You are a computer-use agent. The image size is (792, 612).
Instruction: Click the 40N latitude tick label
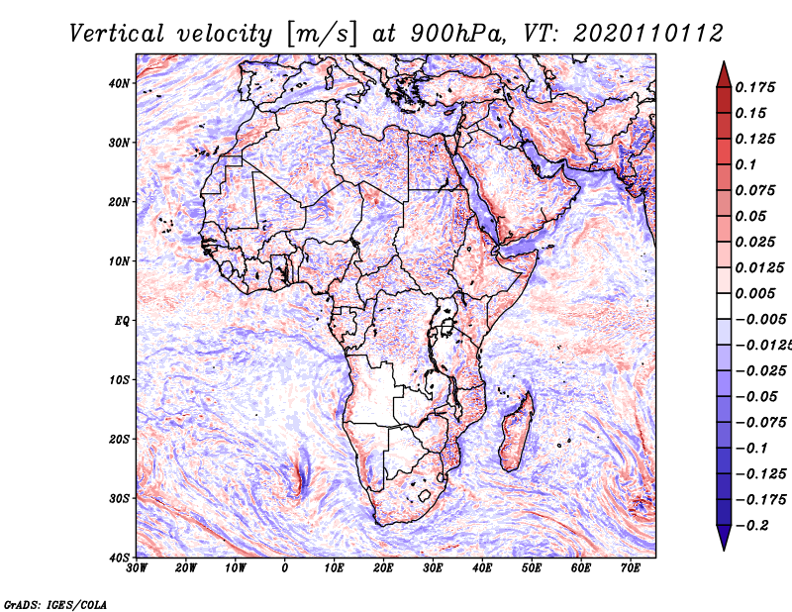[119, 83]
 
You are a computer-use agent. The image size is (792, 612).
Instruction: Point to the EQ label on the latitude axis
[122, 321]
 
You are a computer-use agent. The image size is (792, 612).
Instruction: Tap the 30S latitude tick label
[119, 498]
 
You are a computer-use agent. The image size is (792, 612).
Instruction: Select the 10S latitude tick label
[119, 379]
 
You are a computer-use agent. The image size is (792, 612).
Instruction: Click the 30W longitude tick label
[137, 568]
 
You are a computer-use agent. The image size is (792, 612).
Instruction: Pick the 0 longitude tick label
[285, 568]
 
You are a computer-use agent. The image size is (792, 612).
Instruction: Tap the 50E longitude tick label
[532, 568]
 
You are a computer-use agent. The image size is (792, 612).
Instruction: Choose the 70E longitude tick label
[631, 568]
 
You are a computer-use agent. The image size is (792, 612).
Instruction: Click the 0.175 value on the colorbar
[754, 87]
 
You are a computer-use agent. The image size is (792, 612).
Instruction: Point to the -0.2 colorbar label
[752, 526]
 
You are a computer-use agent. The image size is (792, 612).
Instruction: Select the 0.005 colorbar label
[754, 293]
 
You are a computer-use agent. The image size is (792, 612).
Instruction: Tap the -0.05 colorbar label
[756, 397]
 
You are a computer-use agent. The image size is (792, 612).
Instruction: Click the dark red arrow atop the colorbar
[724, 75]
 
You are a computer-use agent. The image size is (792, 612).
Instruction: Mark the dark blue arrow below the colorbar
[724, 537]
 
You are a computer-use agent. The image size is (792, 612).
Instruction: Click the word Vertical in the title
[117, 34]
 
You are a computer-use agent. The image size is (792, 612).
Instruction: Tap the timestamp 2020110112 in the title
[647, 34]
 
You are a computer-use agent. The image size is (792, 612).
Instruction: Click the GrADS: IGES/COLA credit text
[55, 604]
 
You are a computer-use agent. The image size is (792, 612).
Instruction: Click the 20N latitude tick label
[119, 202]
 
